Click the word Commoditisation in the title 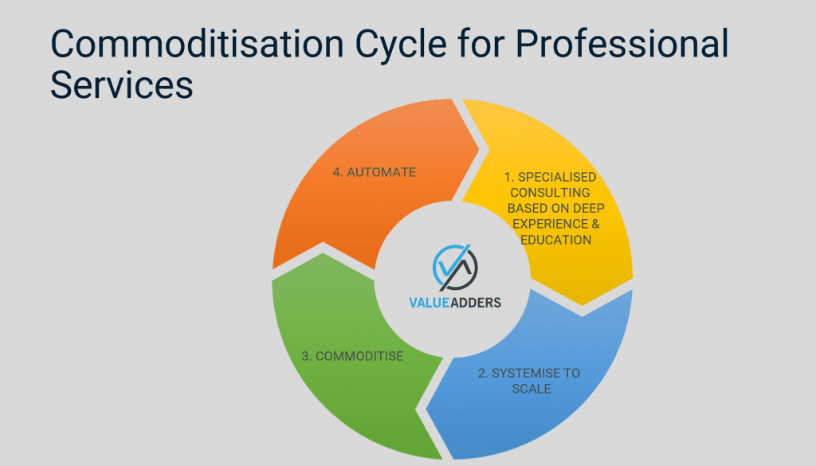[198, 44]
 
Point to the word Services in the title [122, 84]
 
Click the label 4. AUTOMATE [375, 172]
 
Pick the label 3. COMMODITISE [352, 356]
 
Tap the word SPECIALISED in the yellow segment [557, 177]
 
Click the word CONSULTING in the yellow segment [550, 193]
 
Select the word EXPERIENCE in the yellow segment [550, 224]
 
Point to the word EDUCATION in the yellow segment [555, 240]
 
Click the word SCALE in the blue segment [532, 389]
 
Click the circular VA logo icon [455, 268]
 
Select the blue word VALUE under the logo [429, 303]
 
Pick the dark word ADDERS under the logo [476, 303]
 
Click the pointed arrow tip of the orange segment [479, 151]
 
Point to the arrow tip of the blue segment [426, 409]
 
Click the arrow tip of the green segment [323, 253]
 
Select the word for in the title [481, 44]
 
